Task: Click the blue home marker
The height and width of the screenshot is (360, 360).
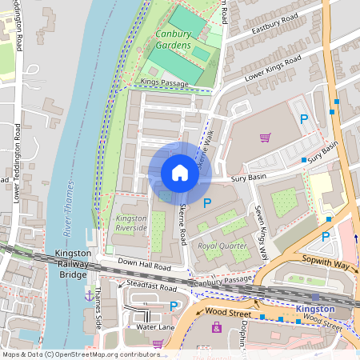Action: pos(180,173)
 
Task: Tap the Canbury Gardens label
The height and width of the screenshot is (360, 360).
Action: pos(174,40)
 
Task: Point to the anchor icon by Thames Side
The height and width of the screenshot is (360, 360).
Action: pos(89,295)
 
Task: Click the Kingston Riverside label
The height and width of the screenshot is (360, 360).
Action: pos(132,223)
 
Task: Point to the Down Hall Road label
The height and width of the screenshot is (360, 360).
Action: pos(145,266)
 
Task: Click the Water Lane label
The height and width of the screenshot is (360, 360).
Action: pos(155,326)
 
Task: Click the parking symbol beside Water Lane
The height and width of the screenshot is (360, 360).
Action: pos(174,306)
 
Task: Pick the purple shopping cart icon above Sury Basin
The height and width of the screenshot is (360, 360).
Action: pos(265,137)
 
